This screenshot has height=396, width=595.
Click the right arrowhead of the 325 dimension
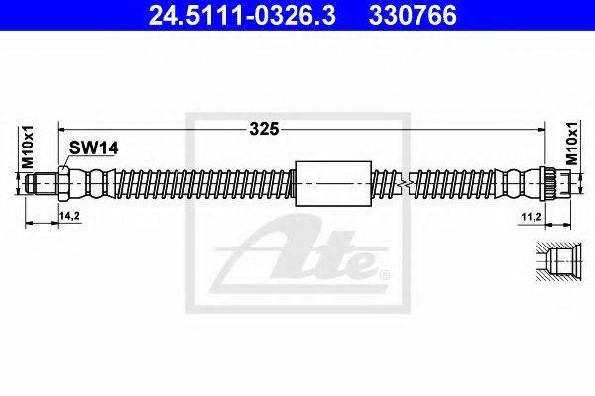click(x=543, y=128)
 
